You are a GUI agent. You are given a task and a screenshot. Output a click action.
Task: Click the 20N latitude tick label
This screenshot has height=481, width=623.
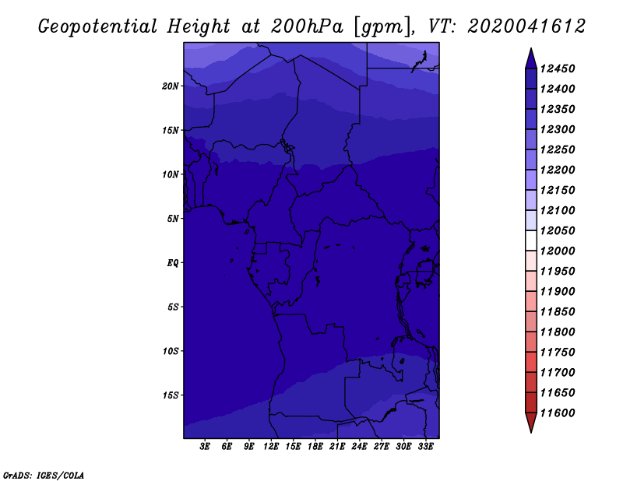click(170, 86)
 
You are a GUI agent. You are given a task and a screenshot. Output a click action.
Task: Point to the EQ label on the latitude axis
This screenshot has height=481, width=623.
click(172, 263)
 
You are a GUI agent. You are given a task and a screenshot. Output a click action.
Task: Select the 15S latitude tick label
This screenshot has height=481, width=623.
click(170, 395)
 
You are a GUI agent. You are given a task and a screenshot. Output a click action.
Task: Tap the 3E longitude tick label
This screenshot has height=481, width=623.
click(205, 447)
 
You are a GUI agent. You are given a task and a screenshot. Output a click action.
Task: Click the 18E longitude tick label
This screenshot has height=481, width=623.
click(315, 447)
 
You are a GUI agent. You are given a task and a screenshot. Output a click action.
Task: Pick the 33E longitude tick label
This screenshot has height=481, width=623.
click(425, 447)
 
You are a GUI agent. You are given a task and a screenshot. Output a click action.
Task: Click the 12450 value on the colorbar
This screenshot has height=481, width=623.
click(558, 68)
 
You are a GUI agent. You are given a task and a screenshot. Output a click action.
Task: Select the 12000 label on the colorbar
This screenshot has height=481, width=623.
click(558, 251)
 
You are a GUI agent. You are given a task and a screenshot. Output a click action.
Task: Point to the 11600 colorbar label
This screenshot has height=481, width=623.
click(558, 413)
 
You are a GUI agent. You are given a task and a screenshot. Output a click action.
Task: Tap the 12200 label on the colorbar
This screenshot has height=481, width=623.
click(558, 170)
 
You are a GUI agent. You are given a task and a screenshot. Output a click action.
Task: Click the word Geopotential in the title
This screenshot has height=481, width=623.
click(98, 26)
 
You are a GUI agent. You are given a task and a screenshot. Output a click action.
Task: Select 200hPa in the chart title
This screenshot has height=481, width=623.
click(307, 26)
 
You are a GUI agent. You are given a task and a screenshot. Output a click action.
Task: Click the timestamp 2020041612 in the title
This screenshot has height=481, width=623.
click(527, 26)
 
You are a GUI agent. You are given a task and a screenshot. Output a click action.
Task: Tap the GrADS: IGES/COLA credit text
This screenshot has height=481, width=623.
click(44, 476)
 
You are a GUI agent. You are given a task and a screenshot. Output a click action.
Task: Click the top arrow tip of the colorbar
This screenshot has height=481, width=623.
click(531, 48)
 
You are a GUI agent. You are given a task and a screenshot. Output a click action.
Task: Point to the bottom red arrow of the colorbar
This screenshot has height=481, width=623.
click(531, 422)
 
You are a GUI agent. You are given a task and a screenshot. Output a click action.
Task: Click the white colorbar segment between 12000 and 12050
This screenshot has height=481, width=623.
click(531, 240)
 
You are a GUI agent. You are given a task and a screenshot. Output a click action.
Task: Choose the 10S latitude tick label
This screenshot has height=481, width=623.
click(170, 351)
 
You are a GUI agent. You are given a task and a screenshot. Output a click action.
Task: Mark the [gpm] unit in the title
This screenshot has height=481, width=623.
click(382, 27)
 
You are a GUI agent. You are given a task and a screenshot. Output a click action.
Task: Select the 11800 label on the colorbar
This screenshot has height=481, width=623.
click(558, 332)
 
